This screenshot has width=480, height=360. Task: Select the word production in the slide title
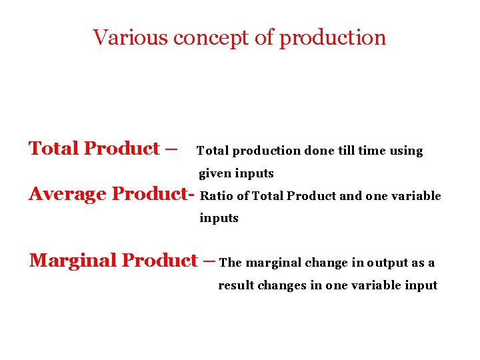click(x=332, y=38)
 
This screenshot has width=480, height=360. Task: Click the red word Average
click(x=67, y=194)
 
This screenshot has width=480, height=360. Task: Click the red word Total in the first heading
click(x=53, y=148)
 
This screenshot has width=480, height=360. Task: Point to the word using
click(x=406, y=151)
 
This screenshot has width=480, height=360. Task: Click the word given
click(x=215, y=174)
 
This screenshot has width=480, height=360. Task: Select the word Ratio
click(x=214, y=196)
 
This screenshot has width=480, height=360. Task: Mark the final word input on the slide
click(x=421, y=285)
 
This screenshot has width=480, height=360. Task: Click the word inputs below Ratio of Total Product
click(x=219, y=218)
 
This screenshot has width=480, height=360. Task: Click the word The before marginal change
click(x=230, y=263)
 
